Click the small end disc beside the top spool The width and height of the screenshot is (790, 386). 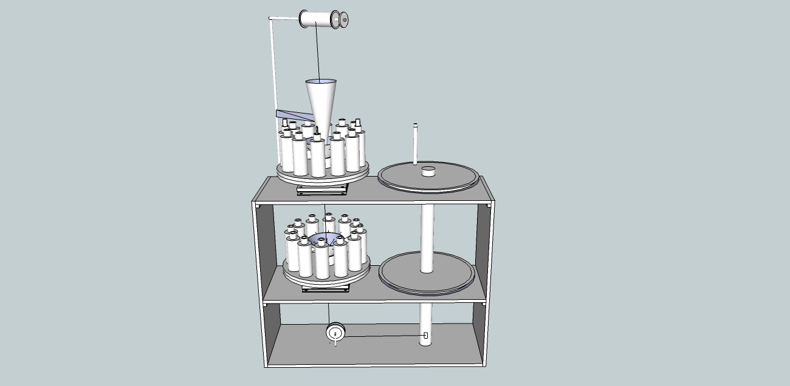[x=345, y=21]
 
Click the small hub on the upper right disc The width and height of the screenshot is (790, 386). [x=428, y=171]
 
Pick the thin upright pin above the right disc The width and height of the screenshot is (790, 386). [x=416, y=144]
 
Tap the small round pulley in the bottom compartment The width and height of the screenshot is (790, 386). [x=335, y=333]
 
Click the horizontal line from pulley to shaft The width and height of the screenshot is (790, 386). [x=383, y=335]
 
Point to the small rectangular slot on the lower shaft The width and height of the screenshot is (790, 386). [x=426, y=335]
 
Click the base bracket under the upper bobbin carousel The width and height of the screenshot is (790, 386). [x=323, y=190]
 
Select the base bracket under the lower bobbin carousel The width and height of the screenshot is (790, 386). [x=327, y=288]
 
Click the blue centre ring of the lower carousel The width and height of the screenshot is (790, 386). [x=326, y=239]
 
